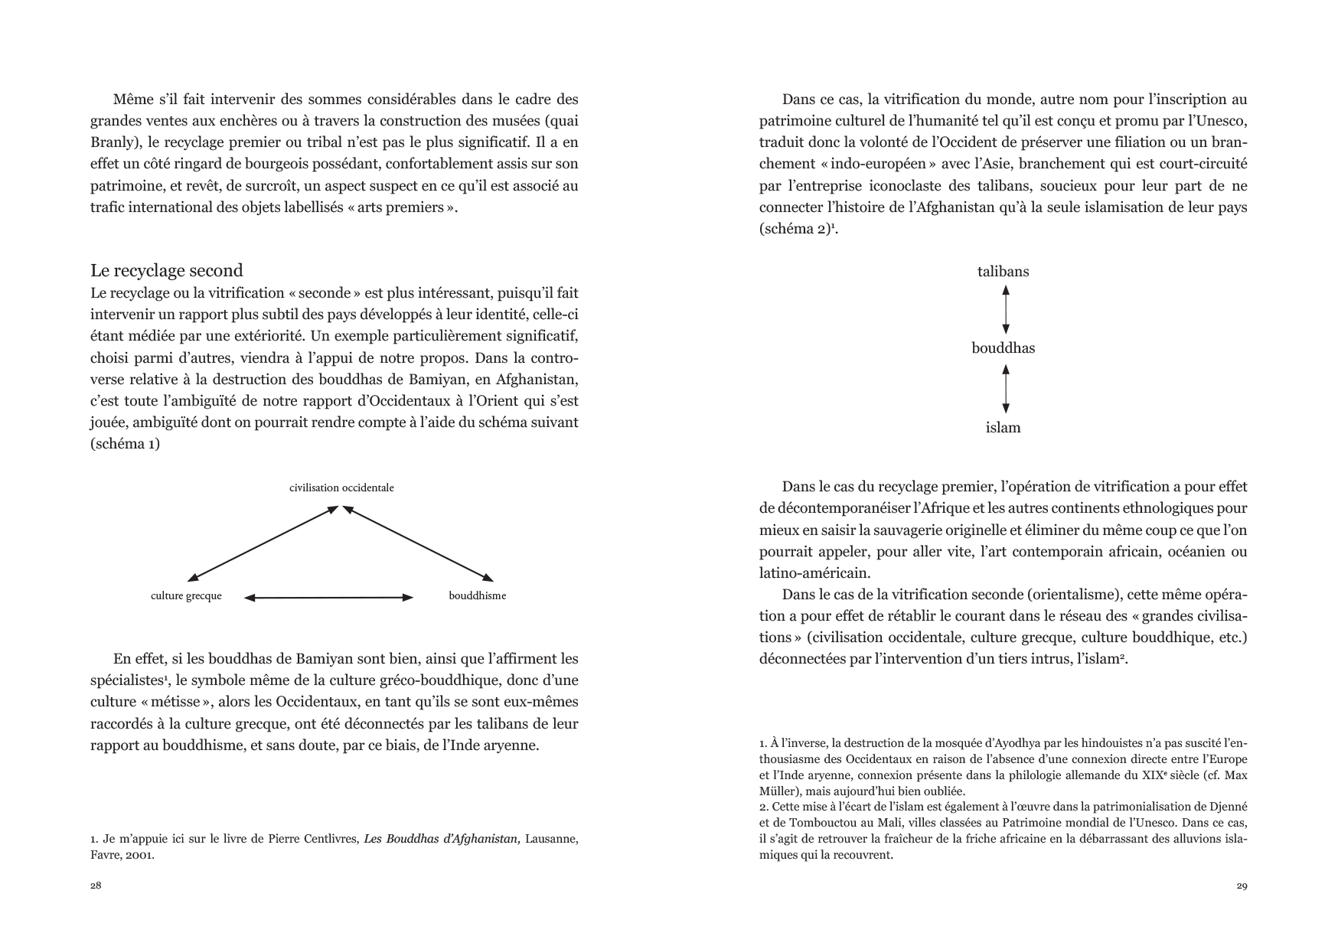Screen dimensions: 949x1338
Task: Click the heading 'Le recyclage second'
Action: coord(166,270)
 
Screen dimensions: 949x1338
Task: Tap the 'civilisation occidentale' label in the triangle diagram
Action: coord(341,488)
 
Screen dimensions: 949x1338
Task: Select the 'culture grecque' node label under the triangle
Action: coord(186,596)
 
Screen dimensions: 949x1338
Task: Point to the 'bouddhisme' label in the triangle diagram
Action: coord(477,596)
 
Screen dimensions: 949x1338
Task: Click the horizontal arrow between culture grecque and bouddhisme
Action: coord(328,597)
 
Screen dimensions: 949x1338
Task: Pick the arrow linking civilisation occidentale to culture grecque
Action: coord(263,543)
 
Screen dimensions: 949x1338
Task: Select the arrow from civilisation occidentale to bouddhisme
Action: coord(418,543)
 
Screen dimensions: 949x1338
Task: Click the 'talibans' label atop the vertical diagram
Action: coord(1003,272)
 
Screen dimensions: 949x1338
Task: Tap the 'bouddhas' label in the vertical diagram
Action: coord(1003,348)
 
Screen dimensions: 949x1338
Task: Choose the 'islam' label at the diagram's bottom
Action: coord(1003,428)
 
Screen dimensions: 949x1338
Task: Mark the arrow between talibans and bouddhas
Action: coord(1006,309)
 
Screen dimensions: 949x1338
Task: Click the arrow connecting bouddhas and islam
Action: coord(1006,389)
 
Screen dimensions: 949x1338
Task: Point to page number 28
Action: coord(96,886)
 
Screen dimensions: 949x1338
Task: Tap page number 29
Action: coord(1242,886)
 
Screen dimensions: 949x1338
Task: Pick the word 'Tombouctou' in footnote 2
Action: coord(805,823)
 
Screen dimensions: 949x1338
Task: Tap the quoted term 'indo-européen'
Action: coord(864,164)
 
